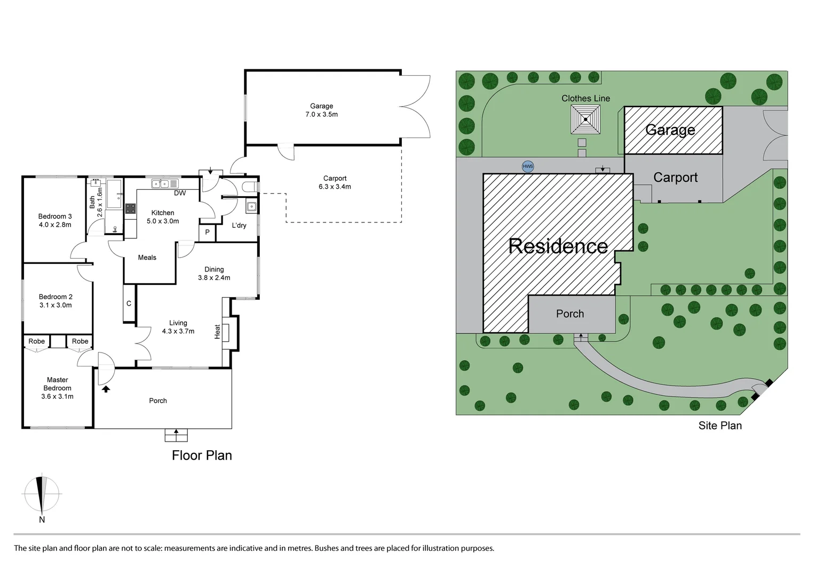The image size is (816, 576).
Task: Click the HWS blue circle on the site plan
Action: click(527, 166)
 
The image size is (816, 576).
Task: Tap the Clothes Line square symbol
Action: click(585, 119)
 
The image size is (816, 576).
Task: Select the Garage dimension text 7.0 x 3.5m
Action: click(321, 115)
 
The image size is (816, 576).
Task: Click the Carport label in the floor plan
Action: click(335, 179)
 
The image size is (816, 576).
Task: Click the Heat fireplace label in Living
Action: click(217, 331)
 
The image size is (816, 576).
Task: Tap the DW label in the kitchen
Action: click(180, 193)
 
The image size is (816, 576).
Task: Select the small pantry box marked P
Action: click(207, 233)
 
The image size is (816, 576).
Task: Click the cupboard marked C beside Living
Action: click(129, 303)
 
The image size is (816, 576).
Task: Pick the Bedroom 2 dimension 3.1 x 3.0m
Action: click(56, 306)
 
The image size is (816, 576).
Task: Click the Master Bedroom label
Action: click(57, 384)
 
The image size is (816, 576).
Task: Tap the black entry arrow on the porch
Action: click(106, 389)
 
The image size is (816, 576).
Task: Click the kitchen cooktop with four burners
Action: click(130, 209)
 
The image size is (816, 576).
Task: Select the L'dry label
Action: click(239, 226)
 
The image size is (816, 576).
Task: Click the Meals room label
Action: click(147, 258)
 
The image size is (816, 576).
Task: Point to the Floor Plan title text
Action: click(202, 455)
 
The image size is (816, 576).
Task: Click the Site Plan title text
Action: click(720, 426)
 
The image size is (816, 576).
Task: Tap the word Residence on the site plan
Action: click(558, 246)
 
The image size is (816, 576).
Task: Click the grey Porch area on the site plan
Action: click(570, 314)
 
